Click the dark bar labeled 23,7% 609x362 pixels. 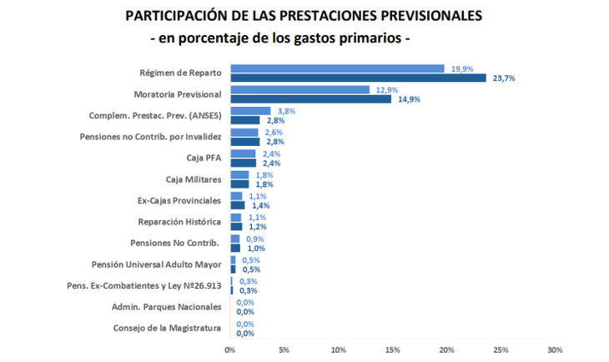pos(358,78)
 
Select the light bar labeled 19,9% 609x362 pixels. pos(337,68)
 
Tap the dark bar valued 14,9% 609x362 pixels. pos(310,99)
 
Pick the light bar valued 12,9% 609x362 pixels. pos(299,89)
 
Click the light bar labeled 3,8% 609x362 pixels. pos(250,111)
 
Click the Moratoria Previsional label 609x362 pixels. pos(178,94)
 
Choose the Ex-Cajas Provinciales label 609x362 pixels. pos(179,201)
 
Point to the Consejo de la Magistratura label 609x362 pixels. pos(168,328)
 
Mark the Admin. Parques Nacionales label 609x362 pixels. pos(167,307)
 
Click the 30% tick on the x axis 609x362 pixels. pos(556,349)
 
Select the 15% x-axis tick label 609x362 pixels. pos(392,349)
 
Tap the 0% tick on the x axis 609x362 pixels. pos(230,349)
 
